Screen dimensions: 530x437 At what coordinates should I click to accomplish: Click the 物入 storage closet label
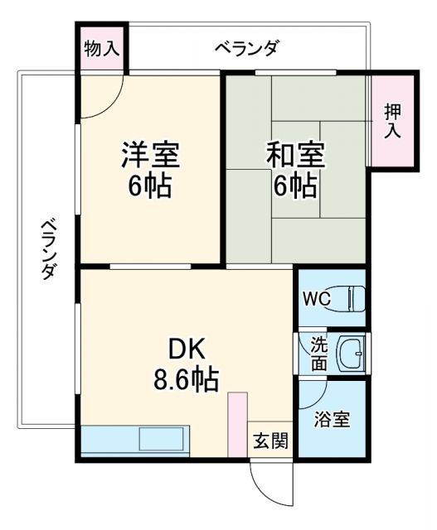[102, 48]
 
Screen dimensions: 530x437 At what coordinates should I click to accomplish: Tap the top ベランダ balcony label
[246, 48]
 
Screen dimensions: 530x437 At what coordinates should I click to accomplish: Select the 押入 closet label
[392, 121]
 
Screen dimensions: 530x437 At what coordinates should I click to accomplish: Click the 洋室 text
[149, 154]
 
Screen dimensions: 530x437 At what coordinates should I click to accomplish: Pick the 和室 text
[295, 154]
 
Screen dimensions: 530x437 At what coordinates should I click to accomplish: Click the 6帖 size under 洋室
[149, 185]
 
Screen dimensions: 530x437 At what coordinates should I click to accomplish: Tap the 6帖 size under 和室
[295, 185]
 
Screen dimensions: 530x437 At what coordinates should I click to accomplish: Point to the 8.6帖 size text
[186, 379]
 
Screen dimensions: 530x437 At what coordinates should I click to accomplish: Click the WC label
[317, 297]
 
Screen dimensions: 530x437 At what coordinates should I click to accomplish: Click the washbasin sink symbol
[355, 354]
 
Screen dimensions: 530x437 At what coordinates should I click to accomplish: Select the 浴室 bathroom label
[332, 419]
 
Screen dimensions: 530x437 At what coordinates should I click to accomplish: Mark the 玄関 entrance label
[270, 441]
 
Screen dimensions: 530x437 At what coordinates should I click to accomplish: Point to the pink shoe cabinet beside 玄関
[238, 422]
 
